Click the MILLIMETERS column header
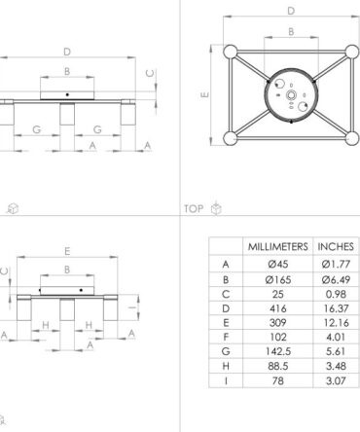(x=278, y=247)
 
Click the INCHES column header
(x=336, y=247)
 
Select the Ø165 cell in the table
(x=278, y=279)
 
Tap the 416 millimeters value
(x=278, y=308)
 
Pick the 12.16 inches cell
(x=337, y=323)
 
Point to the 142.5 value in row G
(x=278, y=351)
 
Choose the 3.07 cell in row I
(x=336, y=380)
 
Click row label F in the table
(x=226, y=338)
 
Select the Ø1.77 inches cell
(x=336, y=265)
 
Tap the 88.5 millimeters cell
(x=278, y=366)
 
